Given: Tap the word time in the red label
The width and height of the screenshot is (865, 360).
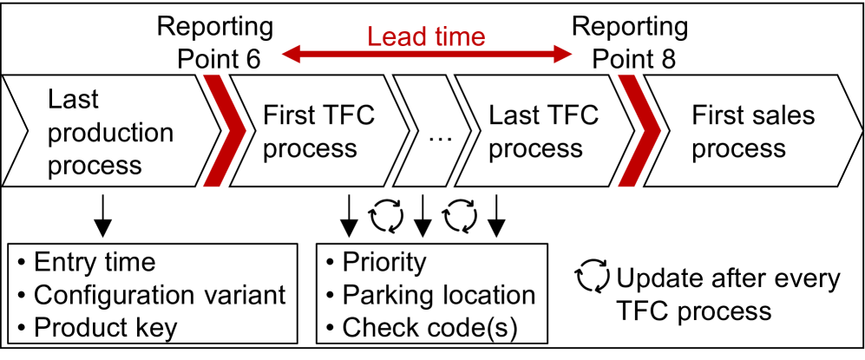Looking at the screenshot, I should click(x=456, y=37).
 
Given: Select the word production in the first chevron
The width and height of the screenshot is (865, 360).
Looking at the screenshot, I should click(x=110, y=132).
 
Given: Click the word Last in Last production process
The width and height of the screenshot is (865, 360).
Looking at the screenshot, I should click(x=73, y=100).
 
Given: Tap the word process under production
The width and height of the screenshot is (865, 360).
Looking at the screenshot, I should click(x=95, y=164).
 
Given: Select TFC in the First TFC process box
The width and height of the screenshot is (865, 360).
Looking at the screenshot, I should click(x=351, y=115).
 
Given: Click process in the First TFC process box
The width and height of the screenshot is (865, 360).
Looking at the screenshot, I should click(x=310, y=148).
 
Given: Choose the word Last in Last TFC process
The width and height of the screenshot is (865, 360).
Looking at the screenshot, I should click(x=513, y=115).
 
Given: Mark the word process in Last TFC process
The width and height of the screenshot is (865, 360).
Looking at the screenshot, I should click(x=535, y=148).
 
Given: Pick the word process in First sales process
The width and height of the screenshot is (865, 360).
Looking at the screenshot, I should click(x=738, y=148).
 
